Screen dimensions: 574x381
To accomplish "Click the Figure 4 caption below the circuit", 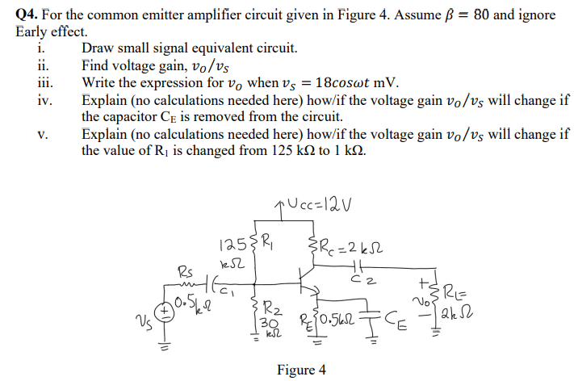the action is pyautogui.click(x=301, y=370).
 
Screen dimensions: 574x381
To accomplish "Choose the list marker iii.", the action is pyautogui.click(x=45, y=83).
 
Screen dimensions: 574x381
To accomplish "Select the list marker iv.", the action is pyautogui.click(x=45, y=101).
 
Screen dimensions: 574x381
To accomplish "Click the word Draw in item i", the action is pyautogui.click(x=98, y=48).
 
